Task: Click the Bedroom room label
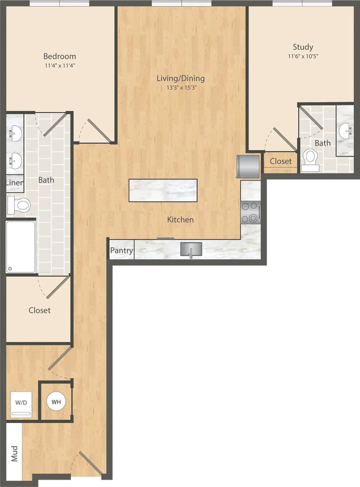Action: (x=59, y=57)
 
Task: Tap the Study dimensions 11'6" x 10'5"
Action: (x=303, y=56)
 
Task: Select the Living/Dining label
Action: (x=181, y=78)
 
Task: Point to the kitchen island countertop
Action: (x=163, y=190)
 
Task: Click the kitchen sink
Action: (x=191, y=250)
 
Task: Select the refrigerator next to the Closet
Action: (x=248, y=166)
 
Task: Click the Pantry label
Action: (x=121, y=251)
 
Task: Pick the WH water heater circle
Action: (x=56, y=402)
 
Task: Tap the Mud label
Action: (x=14, y=453)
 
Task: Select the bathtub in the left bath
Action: (x=21, y=247)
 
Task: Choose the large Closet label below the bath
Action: (x=40, y=310)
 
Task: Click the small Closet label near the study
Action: (x=281, y=161)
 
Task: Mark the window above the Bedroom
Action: (x=59, y=3)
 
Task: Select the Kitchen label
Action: (x=180, y=220)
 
